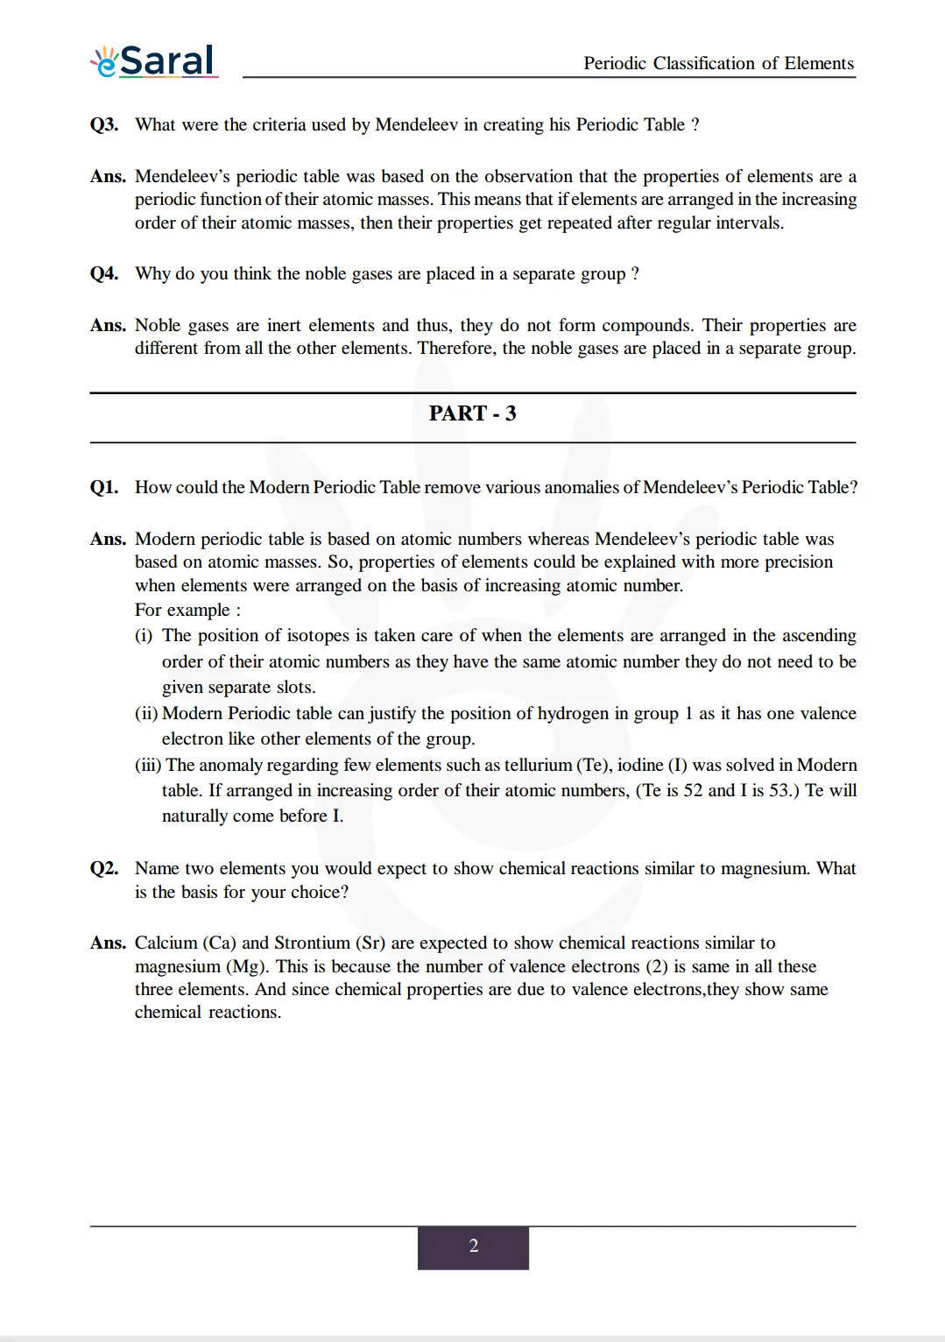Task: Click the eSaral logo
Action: tap(154, 61)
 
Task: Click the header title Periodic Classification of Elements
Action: tap(718, 63)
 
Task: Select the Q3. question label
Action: tap(104, 124)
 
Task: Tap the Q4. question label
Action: tap(104, 273)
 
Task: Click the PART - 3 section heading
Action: tap(472, 413)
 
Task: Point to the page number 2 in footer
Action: tap(473, 1246)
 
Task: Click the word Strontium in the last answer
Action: tap(312, 943)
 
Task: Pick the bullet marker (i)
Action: tap(144, 635)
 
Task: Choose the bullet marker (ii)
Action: tap(146, 713)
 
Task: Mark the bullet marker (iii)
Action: tap(148, 765)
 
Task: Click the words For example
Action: tap(182, 610)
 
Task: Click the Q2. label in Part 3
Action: tap(104, 868)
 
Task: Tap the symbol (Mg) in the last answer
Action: tap(246, 966)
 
